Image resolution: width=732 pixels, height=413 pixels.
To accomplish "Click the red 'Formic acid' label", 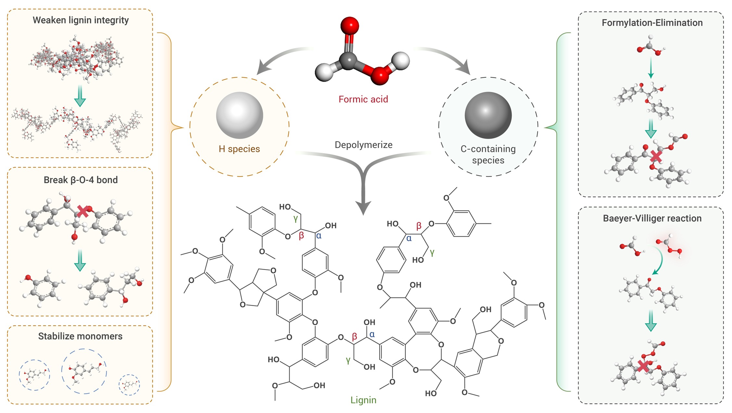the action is tap(363, 99).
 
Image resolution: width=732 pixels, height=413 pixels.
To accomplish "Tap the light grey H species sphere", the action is tap(240, 115).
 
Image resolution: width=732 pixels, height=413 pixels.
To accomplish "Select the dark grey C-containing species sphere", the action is tap(488, 115).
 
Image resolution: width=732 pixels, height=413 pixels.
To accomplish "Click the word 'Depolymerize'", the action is tap(364, 145).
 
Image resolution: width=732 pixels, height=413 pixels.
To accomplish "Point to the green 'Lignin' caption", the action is tap(363, 400).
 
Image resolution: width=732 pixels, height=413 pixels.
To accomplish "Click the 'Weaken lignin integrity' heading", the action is tap(81, 20).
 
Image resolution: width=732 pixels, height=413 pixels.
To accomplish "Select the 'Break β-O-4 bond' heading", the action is tap(81, 180).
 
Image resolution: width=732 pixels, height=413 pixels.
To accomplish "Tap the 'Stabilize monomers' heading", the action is tap(80, 336).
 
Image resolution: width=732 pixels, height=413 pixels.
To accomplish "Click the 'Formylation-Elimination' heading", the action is tap(652, 23).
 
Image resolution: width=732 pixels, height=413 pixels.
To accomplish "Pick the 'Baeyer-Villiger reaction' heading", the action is tap(652, 218).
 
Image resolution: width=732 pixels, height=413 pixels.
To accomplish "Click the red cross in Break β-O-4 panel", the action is tap(83, 211).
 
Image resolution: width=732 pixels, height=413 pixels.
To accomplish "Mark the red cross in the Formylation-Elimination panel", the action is tap(656, 156).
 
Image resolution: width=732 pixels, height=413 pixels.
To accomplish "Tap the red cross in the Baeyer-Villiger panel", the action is tap(643, 366).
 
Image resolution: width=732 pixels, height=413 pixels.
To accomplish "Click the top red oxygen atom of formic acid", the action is tap(350, 25).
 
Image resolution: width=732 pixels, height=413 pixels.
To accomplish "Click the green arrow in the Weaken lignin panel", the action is tap(80, 96).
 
